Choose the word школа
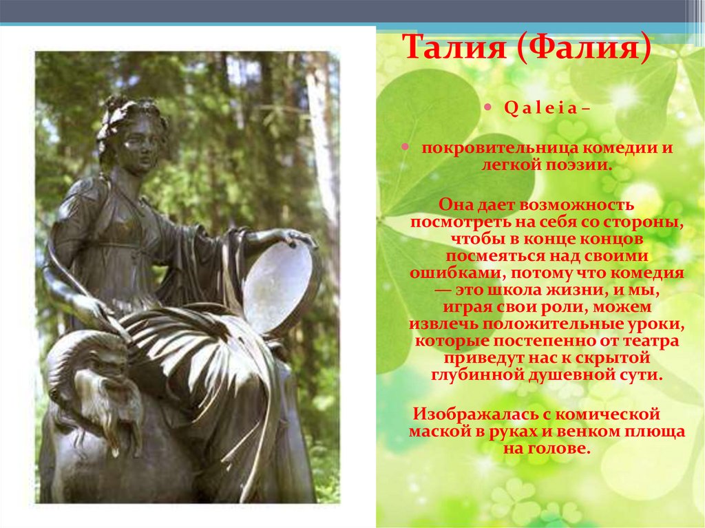[x=506, y=290]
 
